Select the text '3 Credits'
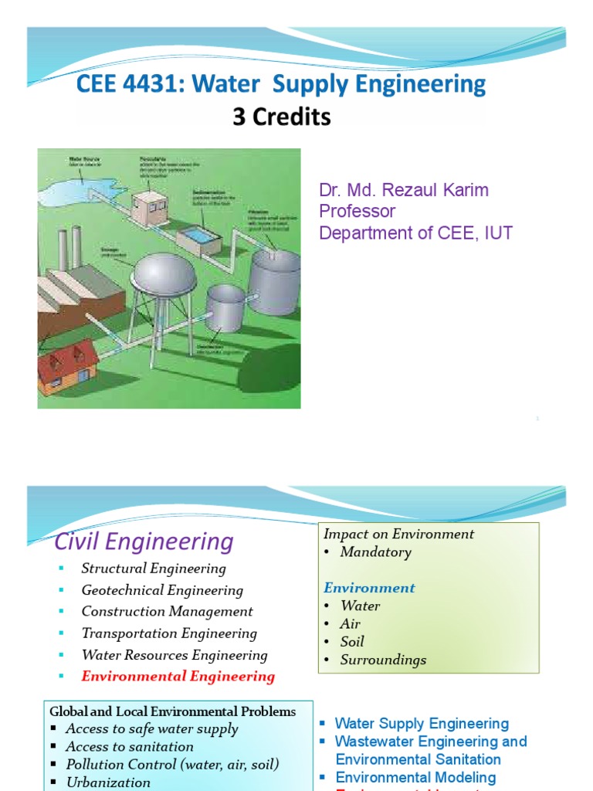282,117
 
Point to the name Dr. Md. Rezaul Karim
404,190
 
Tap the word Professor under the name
357,211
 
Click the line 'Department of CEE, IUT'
415,233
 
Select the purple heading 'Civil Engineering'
144,541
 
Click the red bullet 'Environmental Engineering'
178,677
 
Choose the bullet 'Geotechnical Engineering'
162,590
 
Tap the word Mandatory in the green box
375,552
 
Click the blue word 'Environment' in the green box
369,588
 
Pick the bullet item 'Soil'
351,642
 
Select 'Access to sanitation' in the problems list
130,746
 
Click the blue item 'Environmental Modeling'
415,777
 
